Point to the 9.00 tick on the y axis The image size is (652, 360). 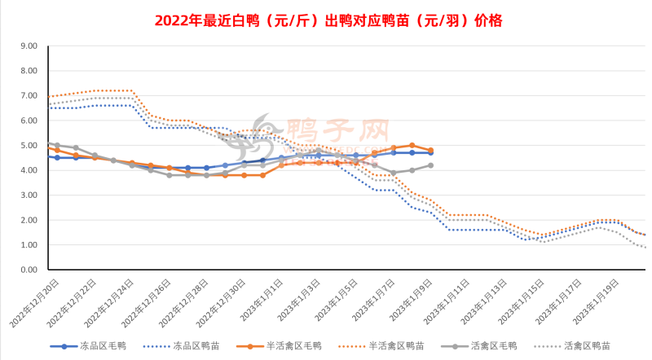28,46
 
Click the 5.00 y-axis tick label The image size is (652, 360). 28,146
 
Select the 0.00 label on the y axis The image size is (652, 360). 28,270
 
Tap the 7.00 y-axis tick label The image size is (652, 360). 28,96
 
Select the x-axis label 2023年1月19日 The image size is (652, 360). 597,301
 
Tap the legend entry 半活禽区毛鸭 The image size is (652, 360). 294,346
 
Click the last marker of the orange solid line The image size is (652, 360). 430,151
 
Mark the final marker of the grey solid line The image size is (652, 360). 430,165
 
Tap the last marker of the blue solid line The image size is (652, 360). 430,153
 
